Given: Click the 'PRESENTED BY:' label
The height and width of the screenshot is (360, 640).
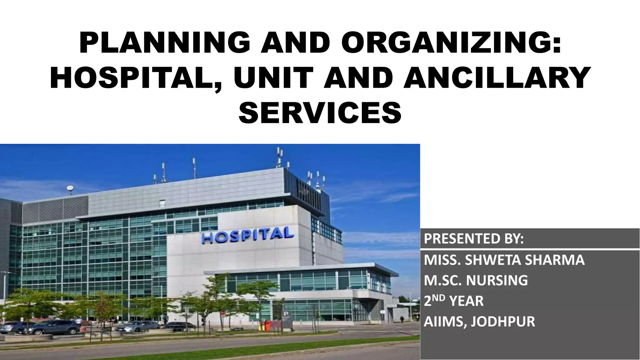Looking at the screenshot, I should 474,239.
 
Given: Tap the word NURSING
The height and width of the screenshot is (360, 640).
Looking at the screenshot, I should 497,280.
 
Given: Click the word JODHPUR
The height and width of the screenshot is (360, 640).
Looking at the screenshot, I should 503,322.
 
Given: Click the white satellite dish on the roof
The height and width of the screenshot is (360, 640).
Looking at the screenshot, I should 70,188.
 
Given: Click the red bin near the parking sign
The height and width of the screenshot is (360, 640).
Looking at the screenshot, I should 267,325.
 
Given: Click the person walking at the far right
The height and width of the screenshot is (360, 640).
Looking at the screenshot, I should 402,319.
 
